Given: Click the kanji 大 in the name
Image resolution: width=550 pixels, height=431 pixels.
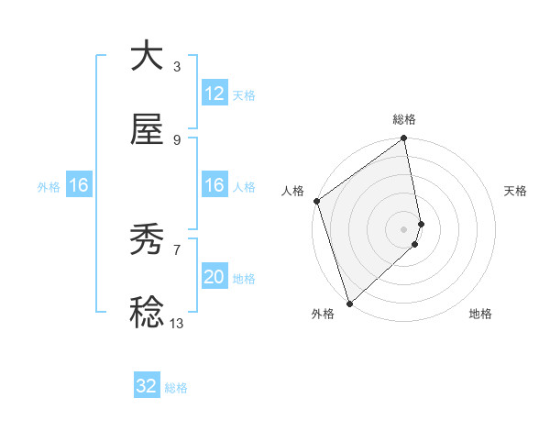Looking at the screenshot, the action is click(x=147, y=56).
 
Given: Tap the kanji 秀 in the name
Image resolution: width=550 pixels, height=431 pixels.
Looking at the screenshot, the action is click(x=147, y=241).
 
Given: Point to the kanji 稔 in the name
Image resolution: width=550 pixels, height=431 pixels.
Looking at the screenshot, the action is click(x=147, y=313).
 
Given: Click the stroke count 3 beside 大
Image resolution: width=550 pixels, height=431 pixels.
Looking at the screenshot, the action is click(x=176, y=67).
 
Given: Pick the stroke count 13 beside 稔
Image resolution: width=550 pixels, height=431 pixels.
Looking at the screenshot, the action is click(x=176, y=323).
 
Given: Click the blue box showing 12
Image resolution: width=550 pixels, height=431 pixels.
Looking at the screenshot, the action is click(x=214, y=94).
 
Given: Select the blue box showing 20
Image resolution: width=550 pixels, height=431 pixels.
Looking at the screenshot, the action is click(x=214, y=277).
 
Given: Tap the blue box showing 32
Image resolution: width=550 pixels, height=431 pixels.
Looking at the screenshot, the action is click(x=147, y=386).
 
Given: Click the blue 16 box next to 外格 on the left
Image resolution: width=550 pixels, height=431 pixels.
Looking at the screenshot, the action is click(x=79, y=186).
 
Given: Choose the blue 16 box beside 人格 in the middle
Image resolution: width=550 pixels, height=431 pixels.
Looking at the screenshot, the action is click(x=214, y=186).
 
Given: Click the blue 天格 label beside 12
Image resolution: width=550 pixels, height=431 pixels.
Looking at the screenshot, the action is click(x=243, y=94).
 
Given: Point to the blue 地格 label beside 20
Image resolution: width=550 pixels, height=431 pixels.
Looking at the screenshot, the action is click(x=244, y=278).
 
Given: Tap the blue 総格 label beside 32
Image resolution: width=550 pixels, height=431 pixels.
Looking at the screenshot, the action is click(x=176, y=387).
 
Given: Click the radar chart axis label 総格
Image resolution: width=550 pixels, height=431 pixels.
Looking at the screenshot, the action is click(x=404, y=119).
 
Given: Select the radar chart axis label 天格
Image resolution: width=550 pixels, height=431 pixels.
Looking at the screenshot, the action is click(x=515, y=191).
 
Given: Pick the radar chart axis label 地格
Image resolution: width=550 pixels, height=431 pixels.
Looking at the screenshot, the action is click(x=480, y=314).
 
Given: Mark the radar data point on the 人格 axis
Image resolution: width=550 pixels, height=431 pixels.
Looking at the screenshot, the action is click(x=316, y=201).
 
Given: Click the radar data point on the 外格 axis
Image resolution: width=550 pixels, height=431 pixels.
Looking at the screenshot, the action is click(x=349, y=303).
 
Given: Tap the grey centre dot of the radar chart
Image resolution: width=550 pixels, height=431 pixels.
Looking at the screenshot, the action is click(x=404, y=228).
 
